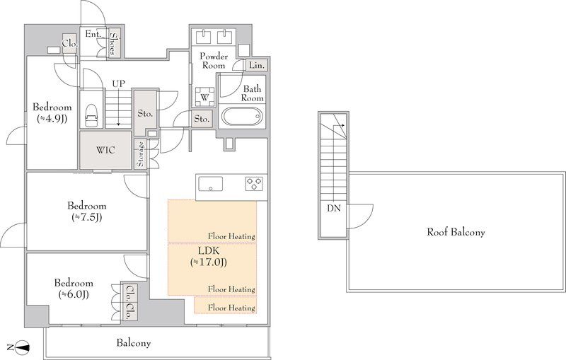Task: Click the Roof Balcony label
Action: pyautogui.click(x=456, y=231)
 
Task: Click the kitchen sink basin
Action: pyautogui.click(x=210, y=184)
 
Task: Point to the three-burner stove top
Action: pyautogui.click(x=254, y=184)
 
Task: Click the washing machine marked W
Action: pyautogui.click(x=204, y=97)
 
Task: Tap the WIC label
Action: pyautogui.click(x=105, y=150)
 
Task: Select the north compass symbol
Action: pyautogui.click(x=21, y=347)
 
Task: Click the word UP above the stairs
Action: pyautogui.click(x=118, y=83)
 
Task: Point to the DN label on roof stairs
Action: pyautogui.click(x=333, y=208)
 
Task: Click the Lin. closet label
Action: pyautogui.click(x=257, y=66)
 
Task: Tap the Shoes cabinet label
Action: pyautogui.click(x=113, y=44)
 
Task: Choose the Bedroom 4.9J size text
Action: pyautogui.click(x=52, y=118)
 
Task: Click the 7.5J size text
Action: pyautogui.click(x=86, y=217)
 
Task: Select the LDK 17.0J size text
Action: pyautogui.click(x=209, y=262)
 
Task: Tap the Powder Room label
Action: pyautogui.click(x=214, y=61)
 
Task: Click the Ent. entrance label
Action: pyautogui.click(x=93, y=34)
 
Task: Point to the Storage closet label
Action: pyautogui.click(x=140, y=153)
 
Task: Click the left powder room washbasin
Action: pyautogui.click(x=203, y=37)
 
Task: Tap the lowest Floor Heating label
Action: pyautogui.click(x=231, y=308)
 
